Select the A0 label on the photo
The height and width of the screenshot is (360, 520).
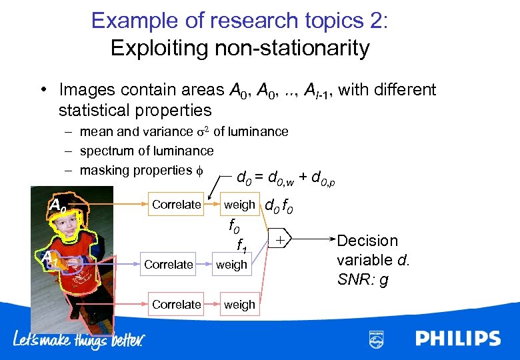coord(57,206)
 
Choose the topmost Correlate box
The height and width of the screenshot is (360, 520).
coord(176,205)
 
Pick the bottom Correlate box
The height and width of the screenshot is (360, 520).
coord(176,305)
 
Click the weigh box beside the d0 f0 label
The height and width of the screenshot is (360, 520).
coord(239,205)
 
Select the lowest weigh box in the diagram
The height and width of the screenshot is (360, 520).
coord(239,305)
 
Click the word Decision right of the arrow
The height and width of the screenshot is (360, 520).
coord(367,241)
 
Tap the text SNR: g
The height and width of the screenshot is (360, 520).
coord(363,280)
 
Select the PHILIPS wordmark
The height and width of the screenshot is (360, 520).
coord(458,339)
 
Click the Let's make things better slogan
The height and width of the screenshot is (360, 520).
coord(79,340)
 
